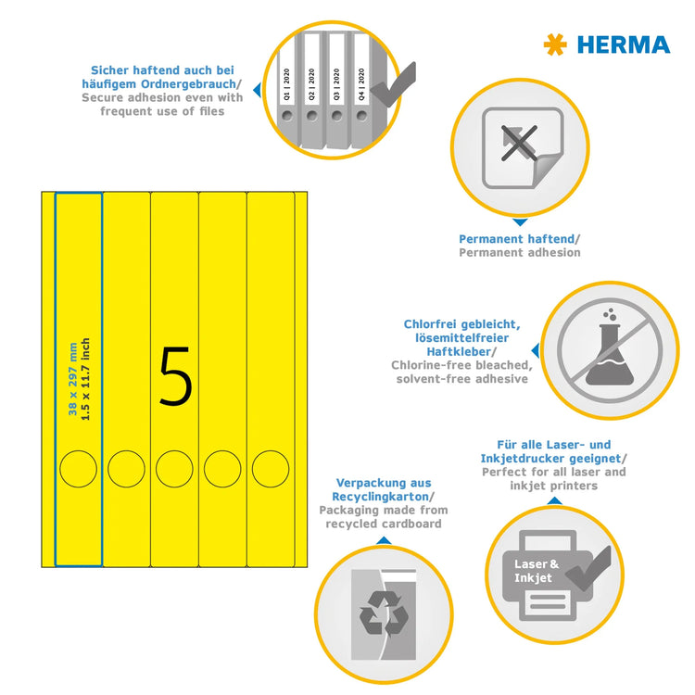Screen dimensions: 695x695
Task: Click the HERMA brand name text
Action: (623, 44)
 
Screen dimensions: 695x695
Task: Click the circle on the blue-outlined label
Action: (79, 468)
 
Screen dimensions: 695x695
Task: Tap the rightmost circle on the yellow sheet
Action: (271, 468)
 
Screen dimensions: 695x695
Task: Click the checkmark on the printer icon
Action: (591, 567)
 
